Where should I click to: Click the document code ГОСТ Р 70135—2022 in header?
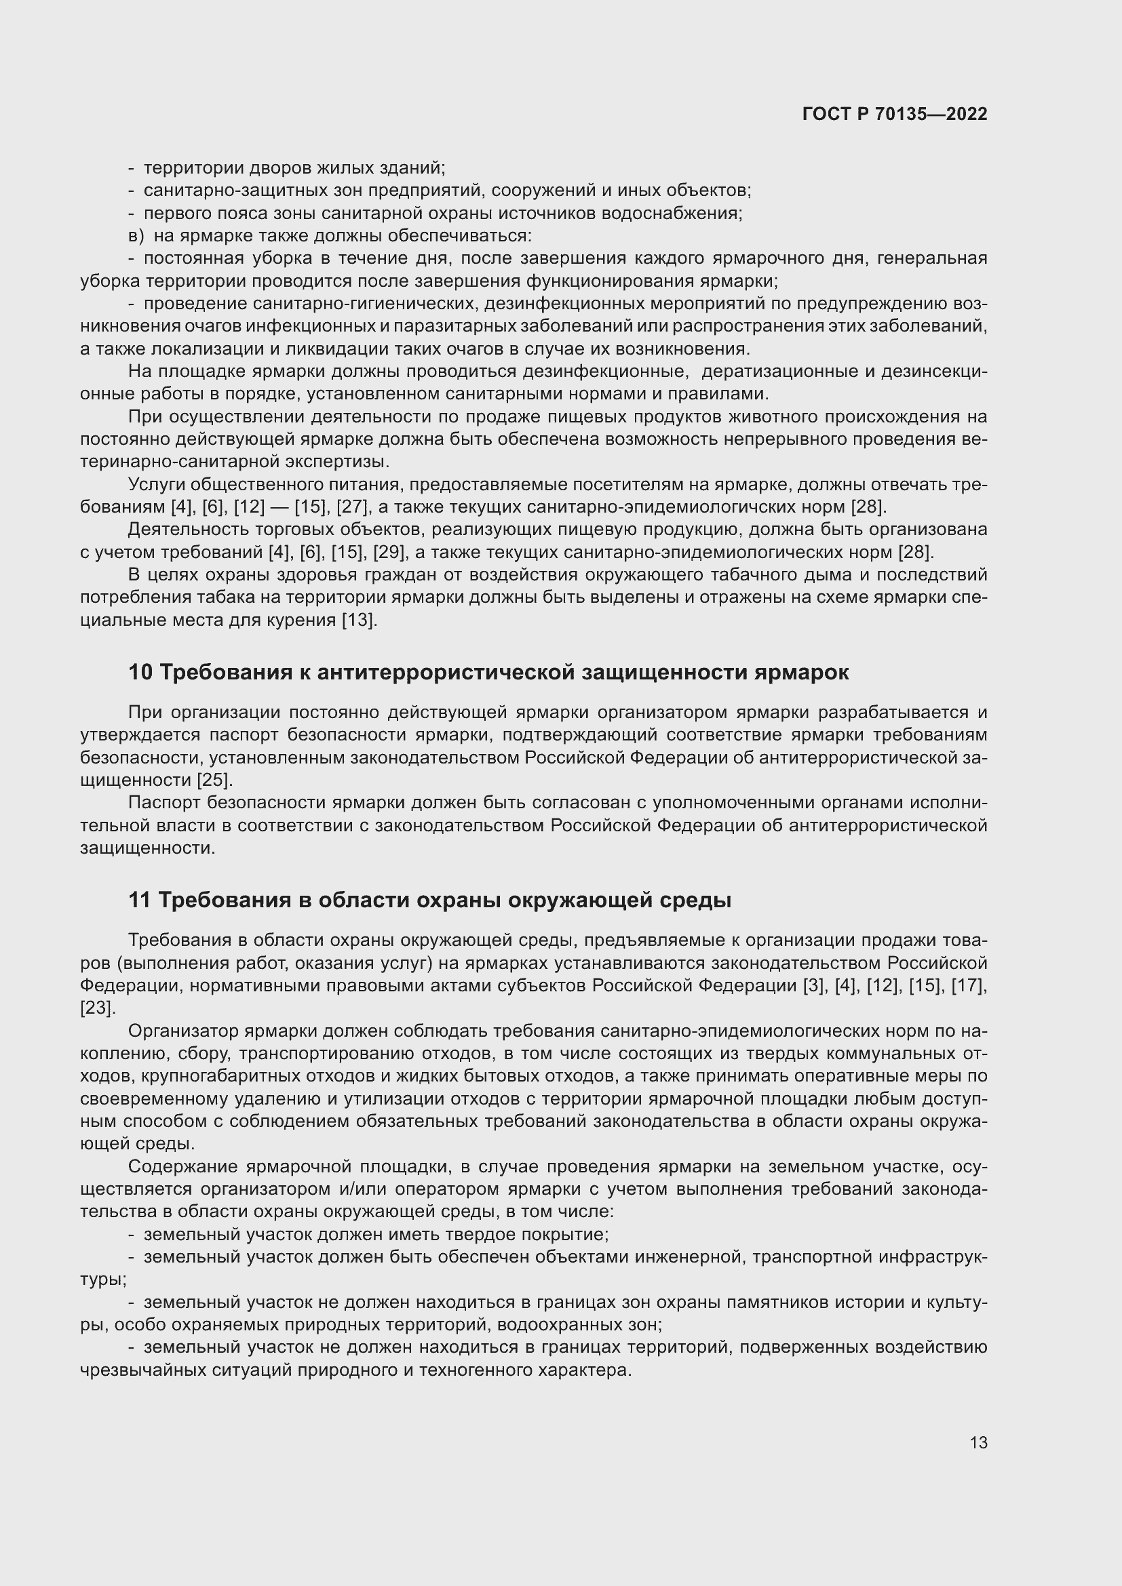[895, 115]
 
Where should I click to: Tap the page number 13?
[978, 1442]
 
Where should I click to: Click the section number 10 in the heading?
[140, 672]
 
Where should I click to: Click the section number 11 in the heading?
[140, 900]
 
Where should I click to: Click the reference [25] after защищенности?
[215, 780]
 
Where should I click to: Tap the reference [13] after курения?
[360, 620]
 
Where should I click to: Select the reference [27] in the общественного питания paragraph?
[351, 507]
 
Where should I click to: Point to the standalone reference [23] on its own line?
[97, 1008]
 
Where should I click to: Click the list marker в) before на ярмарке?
[136, 235]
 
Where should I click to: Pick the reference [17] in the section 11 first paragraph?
[967, 985]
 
